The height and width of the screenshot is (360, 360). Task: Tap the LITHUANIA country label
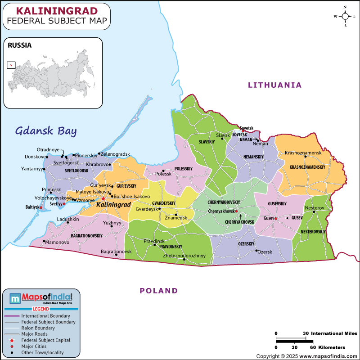tap(274, 85)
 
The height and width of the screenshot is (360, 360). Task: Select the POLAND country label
tap(158, 291)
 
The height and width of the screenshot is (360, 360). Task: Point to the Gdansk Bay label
tap(46, 131)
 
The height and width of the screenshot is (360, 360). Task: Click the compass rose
tap(345, 17)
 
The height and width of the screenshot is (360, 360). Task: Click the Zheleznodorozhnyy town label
tap(184, 256)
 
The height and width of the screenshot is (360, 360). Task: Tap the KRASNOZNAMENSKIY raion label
tap(307, 167)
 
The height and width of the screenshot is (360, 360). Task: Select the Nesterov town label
tap(314, 207)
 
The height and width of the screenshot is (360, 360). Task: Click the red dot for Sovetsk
tap(243, 131)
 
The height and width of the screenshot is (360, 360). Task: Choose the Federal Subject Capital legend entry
tap(46, 340)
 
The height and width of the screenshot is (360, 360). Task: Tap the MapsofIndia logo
tap(41, 297)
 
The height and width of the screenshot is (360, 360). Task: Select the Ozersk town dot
tap(256, 251)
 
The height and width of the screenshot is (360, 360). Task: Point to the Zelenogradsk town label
tap(115, 154)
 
